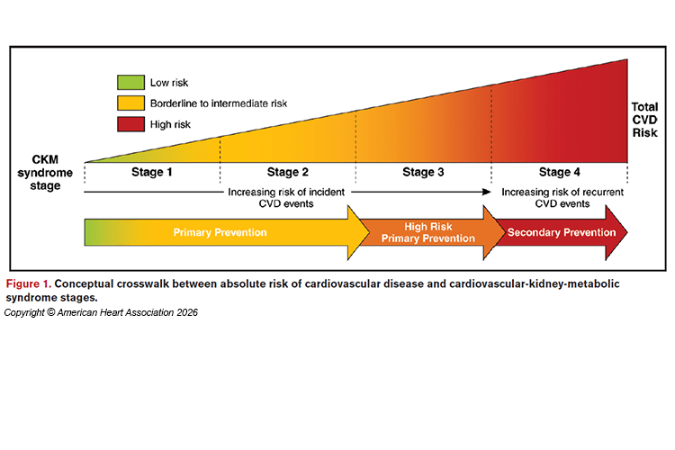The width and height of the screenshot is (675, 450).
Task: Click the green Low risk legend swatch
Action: pyautogui.click(x=130, y=82)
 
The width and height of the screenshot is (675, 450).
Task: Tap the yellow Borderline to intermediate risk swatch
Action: pyautogui.click(x=130, y=103)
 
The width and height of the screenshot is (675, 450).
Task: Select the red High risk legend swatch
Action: pyautogui.click(x=130, y=124)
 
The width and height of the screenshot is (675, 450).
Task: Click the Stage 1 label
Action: pyautogui.click(x=152, y=172)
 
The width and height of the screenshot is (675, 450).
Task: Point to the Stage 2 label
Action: pyautogui.click(x=288, y=172)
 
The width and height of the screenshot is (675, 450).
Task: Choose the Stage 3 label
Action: pyautogui.click(x=423, y=172)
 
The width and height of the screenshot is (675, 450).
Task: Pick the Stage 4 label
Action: pyautogui.click(x=560, y=172)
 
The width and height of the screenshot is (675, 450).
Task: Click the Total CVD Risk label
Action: pyautogui.click(x=645, y=120)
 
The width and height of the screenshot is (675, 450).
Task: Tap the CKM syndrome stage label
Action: pyautogui.click(x=45, y=173)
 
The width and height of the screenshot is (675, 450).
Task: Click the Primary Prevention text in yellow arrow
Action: pyautogui.click(x=220, y=232)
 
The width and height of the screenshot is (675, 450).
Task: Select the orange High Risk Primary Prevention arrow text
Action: pyautogui.click(x=428, y=232)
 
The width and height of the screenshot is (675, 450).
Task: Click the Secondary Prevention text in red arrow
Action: pyautogui.click(x=562, y=232)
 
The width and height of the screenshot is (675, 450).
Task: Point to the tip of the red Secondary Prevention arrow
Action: pyautogui.click(x=627, y=232)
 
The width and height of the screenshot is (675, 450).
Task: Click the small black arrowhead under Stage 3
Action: pyautogui.click(x=487, y=192)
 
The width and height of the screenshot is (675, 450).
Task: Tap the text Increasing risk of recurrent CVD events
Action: pyautogui.click(x=562, y=198)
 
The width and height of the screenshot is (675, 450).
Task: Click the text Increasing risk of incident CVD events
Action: pyautogui.click(x=286, y=198)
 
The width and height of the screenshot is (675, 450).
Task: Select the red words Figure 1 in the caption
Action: pyautogui.click(x=29, y=283)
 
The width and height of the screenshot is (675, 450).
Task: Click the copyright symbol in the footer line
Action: pyautogui.click(x=50, y=312)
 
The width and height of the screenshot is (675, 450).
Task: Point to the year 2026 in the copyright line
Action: pyautogui.click(x=187, y=312)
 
